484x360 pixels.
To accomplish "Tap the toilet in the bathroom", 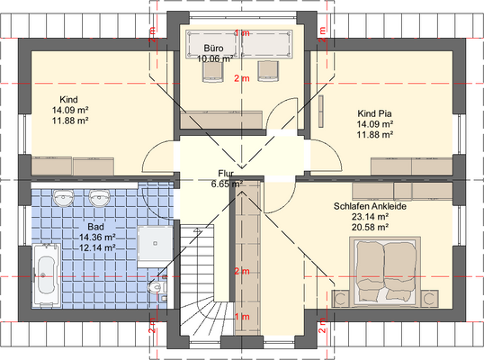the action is (157, 287).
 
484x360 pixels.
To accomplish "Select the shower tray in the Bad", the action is (155, 243).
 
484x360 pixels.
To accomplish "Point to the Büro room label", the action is (213, 49).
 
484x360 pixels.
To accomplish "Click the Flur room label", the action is (226, 173).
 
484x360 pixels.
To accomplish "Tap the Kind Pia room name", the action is (375, 113).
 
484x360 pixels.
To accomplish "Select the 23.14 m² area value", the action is (370, 216).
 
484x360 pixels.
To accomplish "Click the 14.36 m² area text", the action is (97, 237).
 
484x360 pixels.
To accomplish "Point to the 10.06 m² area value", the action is (215, 58).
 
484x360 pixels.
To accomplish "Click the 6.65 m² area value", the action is (227, 184).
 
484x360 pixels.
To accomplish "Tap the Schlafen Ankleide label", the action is (370, 206).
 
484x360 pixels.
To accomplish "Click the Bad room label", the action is (95, 227).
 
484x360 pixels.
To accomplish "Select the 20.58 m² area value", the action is (370, 227).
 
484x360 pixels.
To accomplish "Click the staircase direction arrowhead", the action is (197, 230).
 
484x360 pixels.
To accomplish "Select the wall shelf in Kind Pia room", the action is (321, 111).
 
